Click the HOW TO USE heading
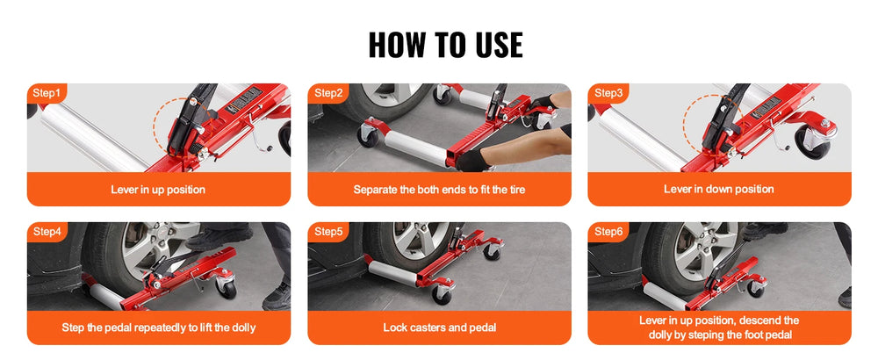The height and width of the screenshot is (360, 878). pos(445,46)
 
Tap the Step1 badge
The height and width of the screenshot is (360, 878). pos(47,93)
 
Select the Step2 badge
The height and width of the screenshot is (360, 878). pos(328,93)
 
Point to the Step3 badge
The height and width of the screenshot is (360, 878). pos(608,93)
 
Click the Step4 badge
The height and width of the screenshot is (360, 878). pos(47,232)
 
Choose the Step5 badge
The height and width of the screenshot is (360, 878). pos(328,232)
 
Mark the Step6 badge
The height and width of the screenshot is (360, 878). pos(608,232)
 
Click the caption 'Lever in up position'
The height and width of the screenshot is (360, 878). pos(158,190)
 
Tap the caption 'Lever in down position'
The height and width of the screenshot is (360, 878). pos(719,190)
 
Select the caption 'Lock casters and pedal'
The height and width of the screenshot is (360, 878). pos(440,328)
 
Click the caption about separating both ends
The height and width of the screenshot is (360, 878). pos(440,190)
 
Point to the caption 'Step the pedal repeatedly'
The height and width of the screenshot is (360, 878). pos(158,328)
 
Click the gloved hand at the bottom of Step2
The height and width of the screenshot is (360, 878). pos(472,161)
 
